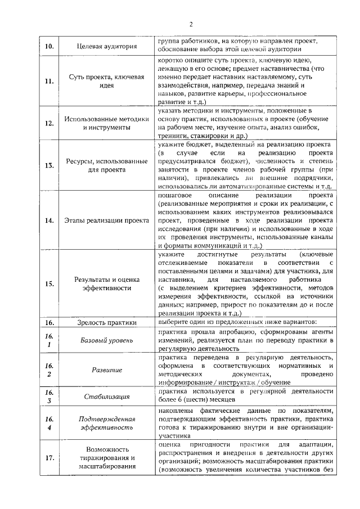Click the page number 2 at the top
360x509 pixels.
191,24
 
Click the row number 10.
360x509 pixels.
49,46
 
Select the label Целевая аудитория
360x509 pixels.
106,46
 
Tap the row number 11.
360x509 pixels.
49,81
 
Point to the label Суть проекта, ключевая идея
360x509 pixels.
106,81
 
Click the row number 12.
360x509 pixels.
49,123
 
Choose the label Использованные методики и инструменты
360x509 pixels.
106,123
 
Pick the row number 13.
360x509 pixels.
49,165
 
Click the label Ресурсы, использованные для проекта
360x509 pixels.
106,165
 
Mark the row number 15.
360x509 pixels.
49,283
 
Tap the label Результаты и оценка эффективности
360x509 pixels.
106,283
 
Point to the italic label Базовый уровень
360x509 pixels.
106,340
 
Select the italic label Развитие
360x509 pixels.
106,370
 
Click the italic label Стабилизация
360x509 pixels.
106,397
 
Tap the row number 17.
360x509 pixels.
49,458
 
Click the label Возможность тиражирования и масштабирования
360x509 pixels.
106,458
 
